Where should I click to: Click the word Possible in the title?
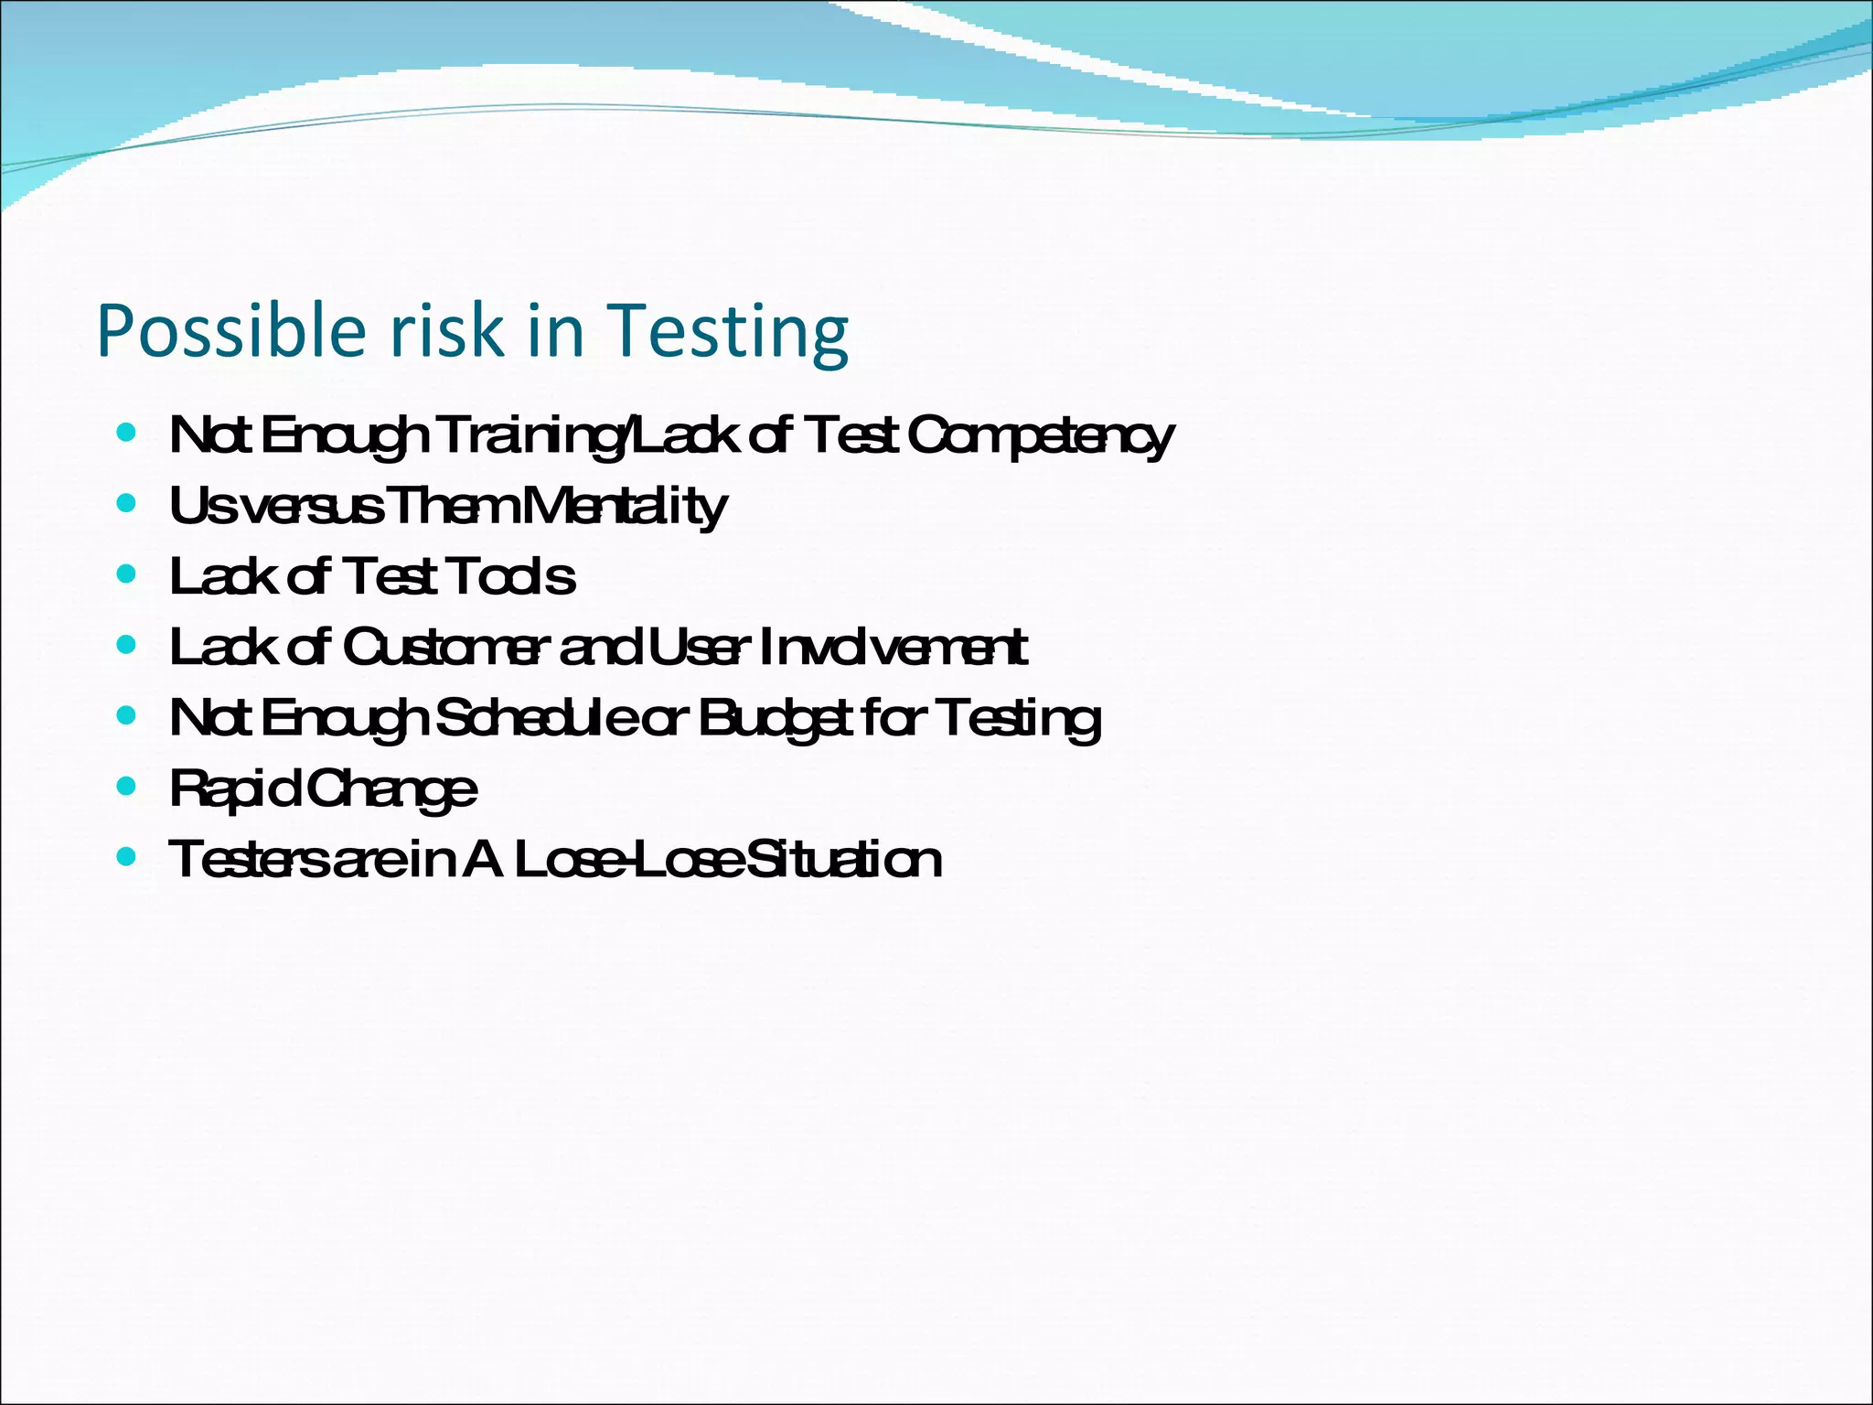point(231,331)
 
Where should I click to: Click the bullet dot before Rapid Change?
point(127,785)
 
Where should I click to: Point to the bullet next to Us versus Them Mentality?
point(127,502)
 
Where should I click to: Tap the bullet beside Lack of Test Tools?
point(127,574)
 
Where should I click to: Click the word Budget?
point(777,718)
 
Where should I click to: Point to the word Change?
point(391,788)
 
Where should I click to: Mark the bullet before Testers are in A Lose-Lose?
point(127,856)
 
